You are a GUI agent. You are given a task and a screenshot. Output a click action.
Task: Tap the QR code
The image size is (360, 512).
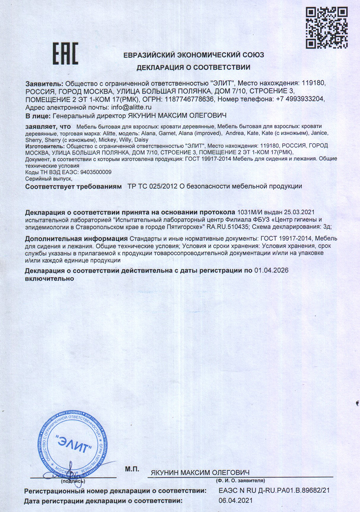point(327,27)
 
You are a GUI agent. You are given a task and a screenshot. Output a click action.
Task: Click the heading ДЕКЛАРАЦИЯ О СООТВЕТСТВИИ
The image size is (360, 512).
point(194,67)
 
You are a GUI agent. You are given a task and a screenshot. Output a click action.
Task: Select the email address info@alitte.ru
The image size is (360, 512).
point(132,107)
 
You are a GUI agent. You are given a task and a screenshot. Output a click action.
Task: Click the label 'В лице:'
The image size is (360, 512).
point(38,116)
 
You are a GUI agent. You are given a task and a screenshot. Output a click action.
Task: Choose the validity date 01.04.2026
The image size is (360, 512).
point(271,271)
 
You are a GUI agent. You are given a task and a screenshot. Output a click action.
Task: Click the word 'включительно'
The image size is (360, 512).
point(50,279)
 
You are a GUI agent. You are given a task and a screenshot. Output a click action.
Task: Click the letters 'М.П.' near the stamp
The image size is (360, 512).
point(132,468)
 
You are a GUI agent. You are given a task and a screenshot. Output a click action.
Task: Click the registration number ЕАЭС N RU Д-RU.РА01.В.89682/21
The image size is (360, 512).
point(274,490)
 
